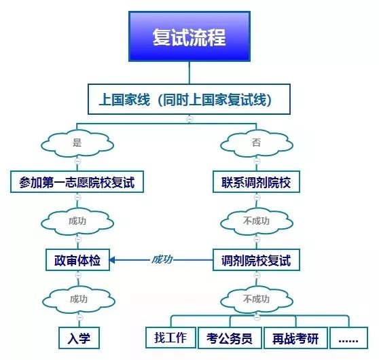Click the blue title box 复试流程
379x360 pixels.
[189, 37]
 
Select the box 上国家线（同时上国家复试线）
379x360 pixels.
[189, 100]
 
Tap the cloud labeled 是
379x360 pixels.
[77, 143]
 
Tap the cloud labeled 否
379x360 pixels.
[255, 143]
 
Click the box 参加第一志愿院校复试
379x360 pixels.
[77, 182]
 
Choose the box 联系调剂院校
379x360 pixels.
[256, 182]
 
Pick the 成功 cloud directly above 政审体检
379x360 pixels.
[77, 221]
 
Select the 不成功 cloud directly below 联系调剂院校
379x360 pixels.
[255, 221]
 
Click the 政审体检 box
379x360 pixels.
[77, 259]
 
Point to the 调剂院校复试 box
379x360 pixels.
[255, 259]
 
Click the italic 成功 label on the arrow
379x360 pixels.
[162, 259]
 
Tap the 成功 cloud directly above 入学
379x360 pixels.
[77, 298]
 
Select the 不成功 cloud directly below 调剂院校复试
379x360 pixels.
[255, 298]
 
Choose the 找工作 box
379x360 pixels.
[170, 337]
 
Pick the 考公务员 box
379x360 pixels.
[229, 338]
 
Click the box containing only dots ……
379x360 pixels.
[349, 338]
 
